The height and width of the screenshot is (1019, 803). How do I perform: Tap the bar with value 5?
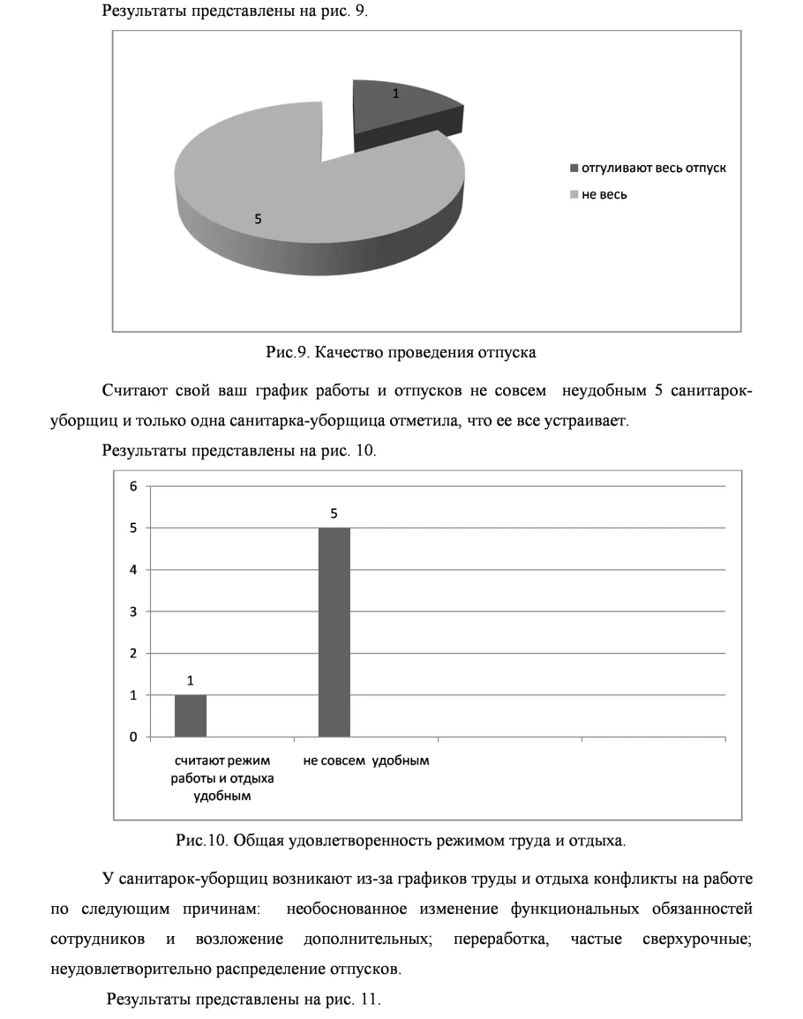click(x=334, y=632)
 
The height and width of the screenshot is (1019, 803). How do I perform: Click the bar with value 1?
click(x=191, y=716)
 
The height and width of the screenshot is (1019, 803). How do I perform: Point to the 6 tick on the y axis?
click(x=135, y=486)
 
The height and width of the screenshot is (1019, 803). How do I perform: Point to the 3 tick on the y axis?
click(x=135, y=611)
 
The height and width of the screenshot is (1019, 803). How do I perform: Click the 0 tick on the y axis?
click(x=135, y=738)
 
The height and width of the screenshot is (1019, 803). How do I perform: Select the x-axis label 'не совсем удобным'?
click(x=366, y=761)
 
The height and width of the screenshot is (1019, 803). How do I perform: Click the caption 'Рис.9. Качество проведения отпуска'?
click(x=401, y=353)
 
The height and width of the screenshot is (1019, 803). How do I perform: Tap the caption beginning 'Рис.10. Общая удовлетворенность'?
click(x=401, y=841)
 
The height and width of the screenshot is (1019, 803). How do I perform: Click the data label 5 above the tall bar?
click(x=334, y=513)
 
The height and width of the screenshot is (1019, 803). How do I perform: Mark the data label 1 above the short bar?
click(x=191, y=680)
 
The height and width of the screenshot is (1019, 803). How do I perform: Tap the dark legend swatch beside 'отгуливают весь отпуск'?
click(x=574, y=169)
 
